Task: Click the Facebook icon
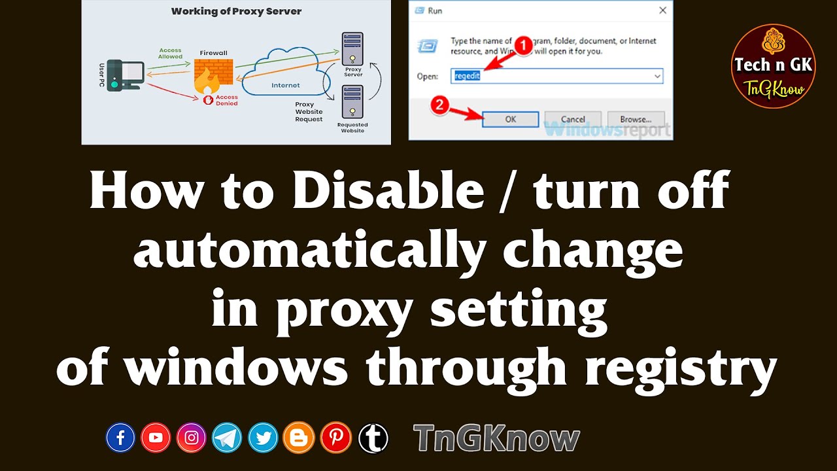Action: (120, 438)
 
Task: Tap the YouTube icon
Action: (156, 438)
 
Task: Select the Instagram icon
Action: (192, 438)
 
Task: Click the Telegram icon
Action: (227, 438)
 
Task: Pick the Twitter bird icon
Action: (264, 438)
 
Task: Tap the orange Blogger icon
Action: (299, 438)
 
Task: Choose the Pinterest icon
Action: (336, 438)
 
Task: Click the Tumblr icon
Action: (373, 438)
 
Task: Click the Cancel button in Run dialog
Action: (573, 119)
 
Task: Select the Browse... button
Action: (635, 119)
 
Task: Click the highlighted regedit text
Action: (467, 76)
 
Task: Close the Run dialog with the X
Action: (662, 10)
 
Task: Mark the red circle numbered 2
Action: (441, 105)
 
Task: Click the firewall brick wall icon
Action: (213, 75)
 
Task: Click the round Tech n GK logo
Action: (773, 66)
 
